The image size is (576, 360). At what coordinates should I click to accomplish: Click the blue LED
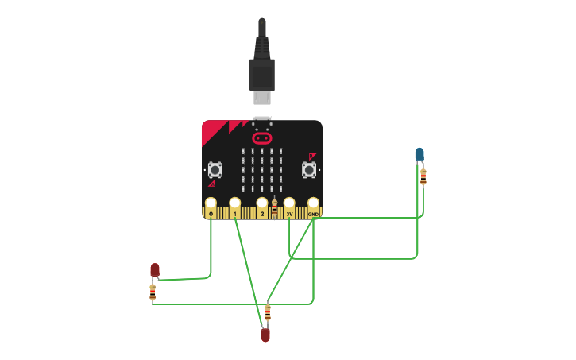tap(419, 154)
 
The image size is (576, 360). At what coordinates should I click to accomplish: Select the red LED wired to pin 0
tap(155, 269)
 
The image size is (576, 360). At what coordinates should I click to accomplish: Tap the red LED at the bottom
tap(265, 335)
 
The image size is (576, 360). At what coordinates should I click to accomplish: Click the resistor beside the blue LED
tap(423, 177)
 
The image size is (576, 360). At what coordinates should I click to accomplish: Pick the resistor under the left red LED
tap(153, 292)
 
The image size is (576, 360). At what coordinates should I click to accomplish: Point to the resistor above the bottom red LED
tap(268, 313)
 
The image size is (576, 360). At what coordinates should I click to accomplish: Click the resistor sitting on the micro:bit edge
tap(274, 208)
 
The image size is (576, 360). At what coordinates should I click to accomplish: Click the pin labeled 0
tap(211, 208)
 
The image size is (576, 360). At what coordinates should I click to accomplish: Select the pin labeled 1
tap(234, 208)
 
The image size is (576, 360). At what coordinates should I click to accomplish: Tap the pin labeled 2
tap(262, 208)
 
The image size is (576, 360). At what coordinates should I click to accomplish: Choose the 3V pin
tap(289, 208)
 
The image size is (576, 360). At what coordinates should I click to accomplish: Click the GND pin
tap(313, 208)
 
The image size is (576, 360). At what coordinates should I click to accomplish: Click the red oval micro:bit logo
tap(262, 138)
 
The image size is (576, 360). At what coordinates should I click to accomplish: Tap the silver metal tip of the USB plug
tap(262, 97)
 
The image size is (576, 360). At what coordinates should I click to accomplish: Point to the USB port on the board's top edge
tap(262, 119)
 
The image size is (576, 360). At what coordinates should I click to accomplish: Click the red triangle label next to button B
tap(312, 157)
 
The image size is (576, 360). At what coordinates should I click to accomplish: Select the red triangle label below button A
tap(212, 184)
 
